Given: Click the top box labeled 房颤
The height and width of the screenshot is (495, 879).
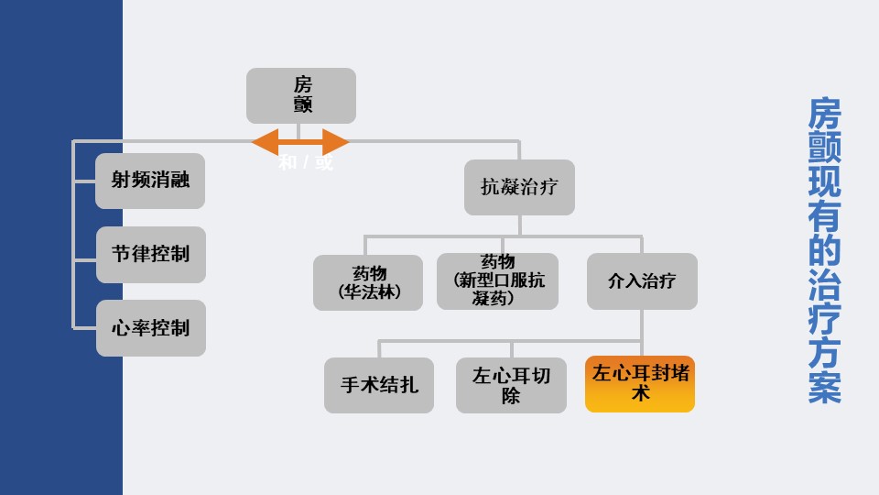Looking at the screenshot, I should (301, 95).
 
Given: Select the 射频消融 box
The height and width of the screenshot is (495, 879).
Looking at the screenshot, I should (150, 181).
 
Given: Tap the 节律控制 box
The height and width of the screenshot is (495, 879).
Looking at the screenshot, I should (150, 254).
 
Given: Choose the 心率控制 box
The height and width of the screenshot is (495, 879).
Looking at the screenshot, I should (150, 327).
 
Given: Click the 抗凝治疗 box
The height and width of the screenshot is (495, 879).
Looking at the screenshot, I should (519, 187).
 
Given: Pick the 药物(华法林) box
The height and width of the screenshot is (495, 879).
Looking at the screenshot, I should (368, 282).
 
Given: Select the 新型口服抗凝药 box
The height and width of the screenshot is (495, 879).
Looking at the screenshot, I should (497, 281).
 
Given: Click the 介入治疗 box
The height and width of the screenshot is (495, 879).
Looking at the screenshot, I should (642, 281).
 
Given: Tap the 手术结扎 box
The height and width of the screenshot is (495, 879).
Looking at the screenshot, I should (379, 385).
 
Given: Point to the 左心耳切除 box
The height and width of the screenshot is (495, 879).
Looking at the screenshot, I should (511, 385).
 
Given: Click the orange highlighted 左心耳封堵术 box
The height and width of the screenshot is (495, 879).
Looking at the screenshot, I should (640, 384).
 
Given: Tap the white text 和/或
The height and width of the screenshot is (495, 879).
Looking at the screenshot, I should (306, 163).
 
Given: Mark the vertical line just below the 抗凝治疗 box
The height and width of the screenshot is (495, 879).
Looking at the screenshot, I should (519, 225).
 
